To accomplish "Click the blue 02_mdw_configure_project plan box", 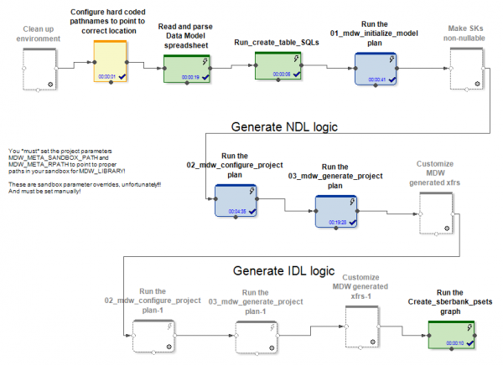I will pos(237,201).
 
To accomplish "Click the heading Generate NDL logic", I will pos(283,128).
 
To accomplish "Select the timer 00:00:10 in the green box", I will pos(444,342).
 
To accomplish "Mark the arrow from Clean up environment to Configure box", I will pos(71,65).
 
